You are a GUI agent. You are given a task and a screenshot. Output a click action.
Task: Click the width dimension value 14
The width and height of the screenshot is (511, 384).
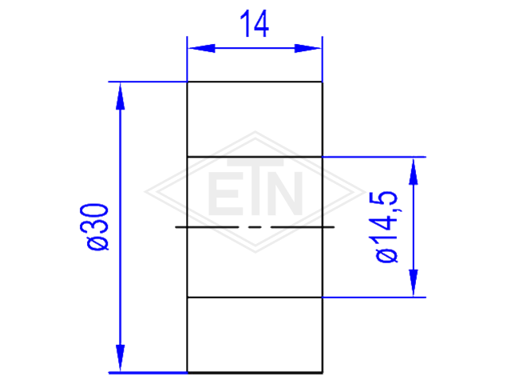254,23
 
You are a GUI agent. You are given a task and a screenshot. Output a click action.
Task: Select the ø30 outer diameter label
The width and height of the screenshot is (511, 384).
97,227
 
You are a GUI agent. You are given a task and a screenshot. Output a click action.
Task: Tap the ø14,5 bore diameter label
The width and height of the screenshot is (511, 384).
386,226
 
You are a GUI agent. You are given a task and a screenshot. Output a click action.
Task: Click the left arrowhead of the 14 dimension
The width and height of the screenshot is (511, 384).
202,48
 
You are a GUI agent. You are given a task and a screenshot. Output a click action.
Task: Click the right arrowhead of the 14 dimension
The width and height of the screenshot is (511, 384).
307,48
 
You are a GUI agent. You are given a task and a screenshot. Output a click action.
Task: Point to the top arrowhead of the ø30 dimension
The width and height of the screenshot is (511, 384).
121,96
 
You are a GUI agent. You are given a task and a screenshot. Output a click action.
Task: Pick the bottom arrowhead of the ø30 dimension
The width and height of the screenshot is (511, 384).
121,358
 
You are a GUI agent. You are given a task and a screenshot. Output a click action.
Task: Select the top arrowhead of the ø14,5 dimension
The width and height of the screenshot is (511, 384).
414,172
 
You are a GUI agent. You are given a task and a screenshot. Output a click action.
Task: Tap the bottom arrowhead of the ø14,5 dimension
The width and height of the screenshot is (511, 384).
414,282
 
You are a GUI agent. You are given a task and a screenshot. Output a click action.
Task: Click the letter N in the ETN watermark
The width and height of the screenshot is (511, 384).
287,194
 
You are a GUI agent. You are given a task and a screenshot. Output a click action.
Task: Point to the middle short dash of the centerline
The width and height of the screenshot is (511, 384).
255,226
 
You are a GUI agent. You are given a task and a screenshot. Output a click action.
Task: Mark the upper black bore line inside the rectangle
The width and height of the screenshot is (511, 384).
255,157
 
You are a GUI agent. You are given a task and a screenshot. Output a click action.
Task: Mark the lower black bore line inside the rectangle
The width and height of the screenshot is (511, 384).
255,298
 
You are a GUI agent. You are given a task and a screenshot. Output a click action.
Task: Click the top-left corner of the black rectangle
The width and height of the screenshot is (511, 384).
188,82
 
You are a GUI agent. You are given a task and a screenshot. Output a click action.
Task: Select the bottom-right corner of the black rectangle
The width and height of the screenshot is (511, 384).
323,372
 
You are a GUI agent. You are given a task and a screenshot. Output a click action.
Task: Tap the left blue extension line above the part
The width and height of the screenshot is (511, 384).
187,58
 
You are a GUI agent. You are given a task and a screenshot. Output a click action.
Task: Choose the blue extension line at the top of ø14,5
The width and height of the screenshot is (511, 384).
374,157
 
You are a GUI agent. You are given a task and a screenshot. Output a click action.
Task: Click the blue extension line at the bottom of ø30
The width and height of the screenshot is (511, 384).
148,373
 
